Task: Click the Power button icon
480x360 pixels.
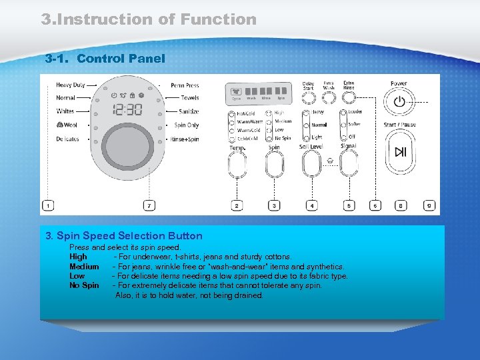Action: click(399, 102)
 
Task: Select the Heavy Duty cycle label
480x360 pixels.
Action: click(71, 85)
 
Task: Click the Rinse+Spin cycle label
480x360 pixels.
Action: click(185, 139)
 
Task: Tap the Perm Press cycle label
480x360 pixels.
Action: click(185, 85)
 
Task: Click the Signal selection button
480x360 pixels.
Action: click(348, 163)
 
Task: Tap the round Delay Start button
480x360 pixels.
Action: click(308, 99)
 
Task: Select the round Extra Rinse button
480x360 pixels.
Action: click(349, 99)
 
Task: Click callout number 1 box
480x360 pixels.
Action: click(48, 206)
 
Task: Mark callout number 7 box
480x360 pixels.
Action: click(149, 206)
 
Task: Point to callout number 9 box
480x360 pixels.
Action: click(429, 206)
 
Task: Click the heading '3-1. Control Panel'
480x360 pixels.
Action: click(105, 59)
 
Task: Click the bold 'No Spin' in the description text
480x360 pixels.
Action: click(84, 285)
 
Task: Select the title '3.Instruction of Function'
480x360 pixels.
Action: click(149, 19)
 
